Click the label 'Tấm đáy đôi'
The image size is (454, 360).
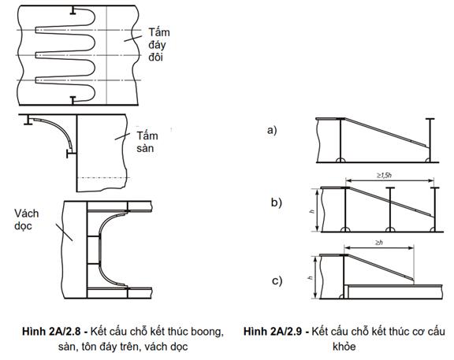click(x=159, y=45)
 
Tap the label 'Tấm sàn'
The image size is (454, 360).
click(x=147, y=142)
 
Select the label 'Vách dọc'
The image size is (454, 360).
click(x=26, y=220)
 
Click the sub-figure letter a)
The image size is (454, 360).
click(x=272, y=130)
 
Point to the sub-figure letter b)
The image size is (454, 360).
click(x=276, y=202)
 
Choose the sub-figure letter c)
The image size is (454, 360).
click(x=277, y=280)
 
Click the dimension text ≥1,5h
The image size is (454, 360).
click(x=384, y=175)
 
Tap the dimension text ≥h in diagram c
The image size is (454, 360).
click(x=379, y=243)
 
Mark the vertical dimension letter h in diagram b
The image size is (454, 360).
click(x=312, y=211)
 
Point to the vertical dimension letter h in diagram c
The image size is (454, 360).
click(x=311, y=277)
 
